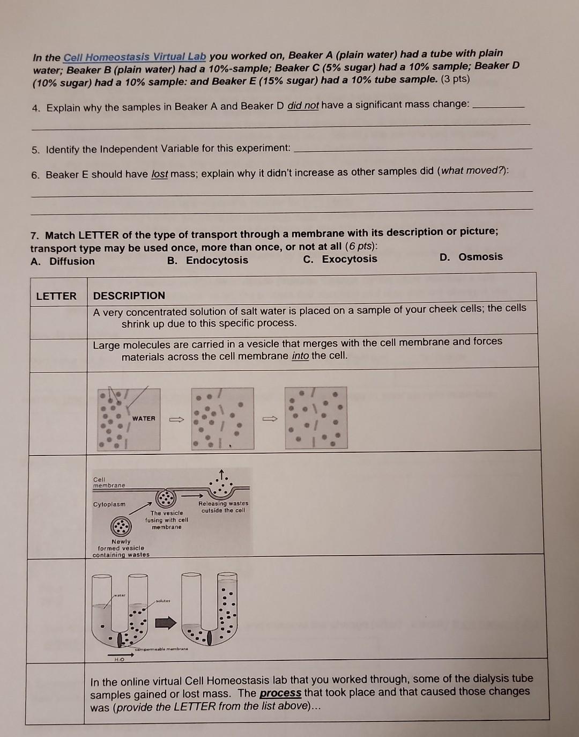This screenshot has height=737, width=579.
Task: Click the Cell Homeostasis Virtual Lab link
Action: point(135,57)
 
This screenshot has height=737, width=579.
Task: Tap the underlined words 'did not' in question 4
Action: point(303,106)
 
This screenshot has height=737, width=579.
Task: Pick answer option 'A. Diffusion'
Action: point(63,262)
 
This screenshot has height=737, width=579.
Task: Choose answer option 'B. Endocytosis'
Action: point(207,261)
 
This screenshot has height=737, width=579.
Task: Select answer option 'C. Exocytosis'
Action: point(340,260)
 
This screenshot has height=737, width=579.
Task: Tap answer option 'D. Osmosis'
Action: point(471,257)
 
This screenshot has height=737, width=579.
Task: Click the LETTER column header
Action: point(56,296)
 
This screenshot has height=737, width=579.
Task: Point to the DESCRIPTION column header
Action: point(129,296)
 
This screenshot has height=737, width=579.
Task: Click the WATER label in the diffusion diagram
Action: point(144,418)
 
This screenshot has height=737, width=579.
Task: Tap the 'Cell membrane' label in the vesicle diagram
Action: point(109,482)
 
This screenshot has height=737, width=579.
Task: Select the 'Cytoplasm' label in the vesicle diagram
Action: point(109,504)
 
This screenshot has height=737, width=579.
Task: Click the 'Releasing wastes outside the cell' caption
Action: point(224,507)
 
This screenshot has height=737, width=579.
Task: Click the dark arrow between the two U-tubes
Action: point(166,623)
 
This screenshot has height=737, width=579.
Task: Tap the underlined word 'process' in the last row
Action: point(280,693)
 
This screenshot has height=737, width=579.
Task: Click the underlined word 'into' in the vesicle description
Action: point(300,356)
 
